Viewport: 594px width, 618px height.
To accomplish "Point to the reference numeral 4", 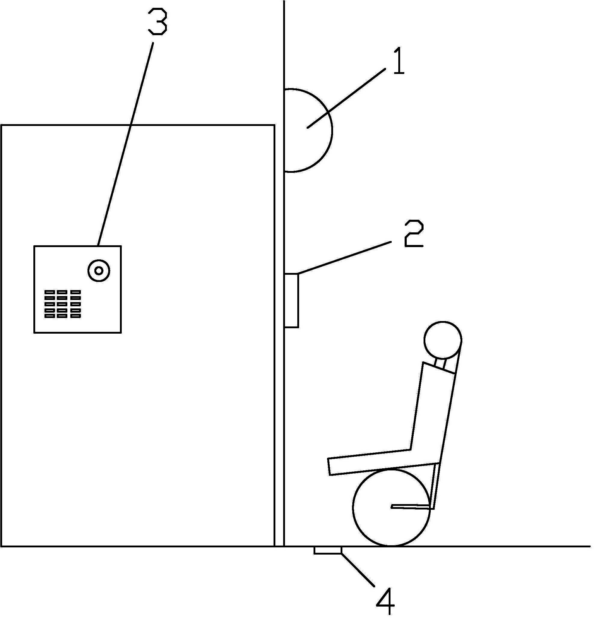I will [x=385, y=601].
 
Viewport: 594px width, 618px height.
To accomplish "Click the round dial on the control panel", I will [x=99, y=271].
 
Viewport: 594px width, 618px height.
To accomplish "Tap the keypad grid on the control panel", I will [x=63, y=304].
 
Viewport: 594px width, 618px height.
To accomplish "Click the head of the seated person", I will [x=443, y=340].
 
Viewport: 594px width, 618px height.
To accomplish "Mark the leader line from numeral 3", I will [x=126, y=142].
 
